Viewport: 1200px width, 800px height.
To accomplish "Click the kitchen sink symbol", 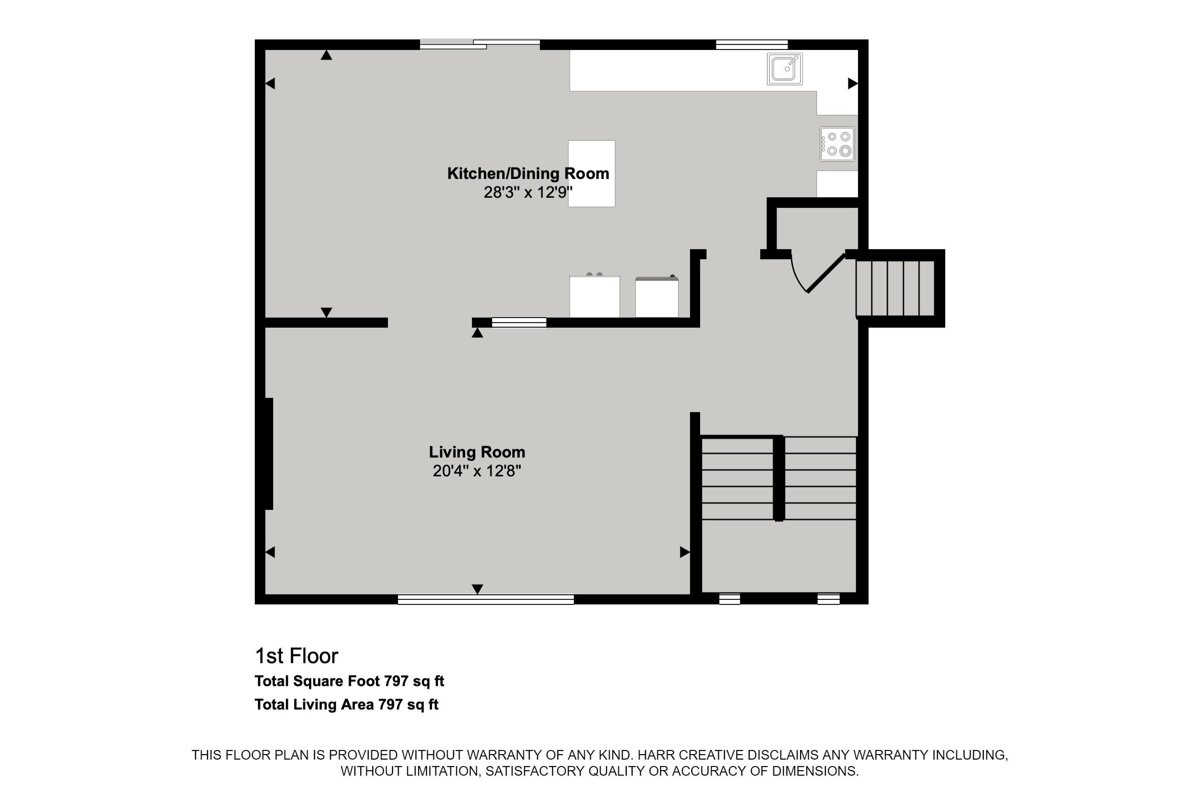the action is coord(785,69).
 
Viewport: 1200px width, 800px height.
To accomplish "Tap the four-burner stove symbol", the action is coord(837,144).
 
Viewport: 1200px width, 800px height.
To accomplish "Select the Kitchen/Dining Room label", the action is coord(528,173).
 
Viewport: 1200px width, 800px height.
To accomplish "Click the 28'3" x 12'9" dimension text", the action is coord(528,192).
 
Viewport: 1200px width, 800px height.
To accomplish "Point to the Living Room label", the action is coord(477,452).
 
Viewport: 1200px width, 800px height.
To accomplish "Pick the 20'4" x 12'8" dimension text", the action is coord(477,470).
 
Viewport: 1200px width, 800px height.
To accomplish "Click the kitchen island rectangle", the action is coord(592,173).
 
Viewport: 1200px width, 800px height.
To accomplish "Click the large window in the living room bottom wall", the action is coord(486,599).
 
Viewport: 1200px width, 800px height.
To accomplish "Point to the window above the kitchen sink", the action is coord(751,45).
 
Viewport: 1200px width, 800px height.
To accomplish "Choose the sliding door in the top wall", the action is coord(480,45).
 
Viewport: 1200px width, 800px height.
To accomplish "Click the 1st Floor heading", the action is coord(297,656).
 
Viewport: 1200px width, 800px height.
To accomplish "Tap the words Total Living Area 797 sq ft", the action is coord(347,705).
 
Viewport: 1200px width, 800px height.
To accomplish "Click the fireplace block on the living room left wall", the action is coord(269,453).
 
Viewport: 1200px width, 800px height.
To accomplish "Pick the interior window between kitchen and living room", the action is coord(519,323).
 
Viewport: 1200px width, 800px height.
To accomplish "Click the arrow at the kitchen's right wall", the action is coord(852,83).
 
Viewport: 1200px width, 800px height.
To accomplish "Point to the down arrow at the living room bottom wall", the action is coord(477,589).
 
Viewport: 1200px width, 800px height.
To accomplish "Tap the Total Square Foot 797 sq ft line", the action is coord(349,681).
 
